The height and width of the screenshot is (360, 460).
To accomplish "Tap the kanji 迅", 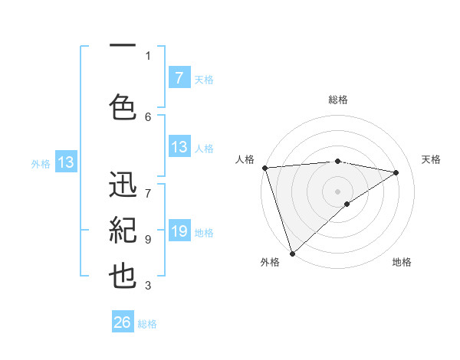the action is [123, 186].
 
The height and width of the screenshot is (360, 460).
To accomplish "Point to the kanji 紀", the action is [123, 231].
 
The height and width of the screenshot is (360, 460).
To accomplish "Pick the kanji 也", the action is [123, 275].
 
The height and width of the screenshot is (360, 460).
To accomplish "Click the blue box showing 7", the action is [179, 77].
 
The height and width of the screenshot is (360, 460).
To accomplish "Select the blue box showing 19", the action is [179, 232].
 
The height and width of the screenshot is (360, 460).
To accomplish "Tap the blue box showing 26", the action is [123, 322].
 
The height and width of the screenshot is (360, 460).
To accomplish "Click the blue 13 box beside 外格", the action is [65, 162].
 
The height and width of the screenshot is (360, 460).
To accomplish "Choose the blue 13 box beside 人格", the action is [179, 147].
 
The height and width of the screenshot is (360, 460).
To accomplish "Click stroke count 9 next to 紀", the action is [148, 240].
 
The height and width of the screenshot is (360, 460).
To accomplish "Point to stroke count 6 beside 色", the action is [148, 116].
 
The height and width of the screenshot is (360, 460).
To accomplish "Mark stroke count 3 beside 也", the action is [148, 286].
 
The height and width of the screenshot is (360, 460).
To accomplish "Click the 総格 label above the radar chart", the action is [337, 100].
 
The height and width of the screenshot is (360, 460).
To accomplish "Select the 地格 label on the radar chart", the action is [402, 262].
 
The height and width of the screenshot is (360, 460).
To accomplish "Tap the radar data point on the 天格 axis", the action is [396, 172].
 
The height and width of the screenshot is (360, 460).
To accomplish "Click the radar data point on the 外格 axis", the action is [292, 253].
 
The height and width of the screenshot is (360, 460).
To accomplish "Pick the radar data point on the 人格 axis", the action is [264, 168].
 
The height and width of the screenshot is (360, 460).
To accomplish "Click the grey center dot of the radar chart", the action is [337, 191].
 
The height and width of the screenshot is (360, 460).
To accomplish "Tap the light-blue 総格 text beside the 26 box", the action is [147, 324].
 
